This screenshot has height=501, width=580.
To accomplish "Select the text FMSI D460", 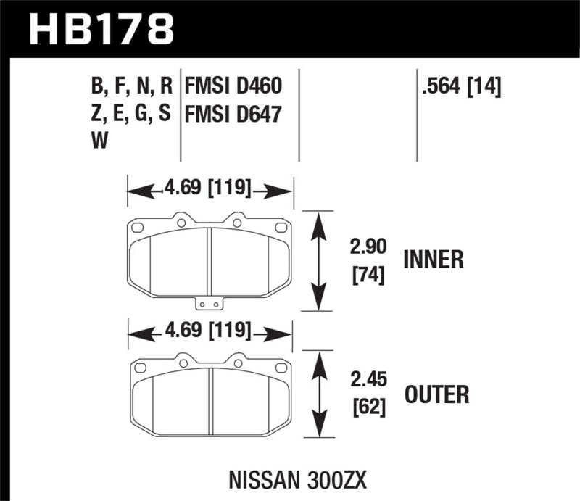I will tap(233, 88).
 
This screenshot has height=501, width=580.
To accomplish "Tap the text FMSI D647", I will tap(233, 115).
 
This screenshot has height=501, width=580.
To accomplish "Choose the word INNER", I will tap(433, 259).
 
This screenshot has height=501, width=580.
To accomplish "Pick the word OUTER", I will tap(436, 394).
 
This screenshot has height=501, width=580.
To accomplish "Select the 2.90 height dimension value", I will tap(360, 247).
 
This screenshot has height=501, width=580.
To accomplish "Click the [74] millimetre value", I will tap(360, 275).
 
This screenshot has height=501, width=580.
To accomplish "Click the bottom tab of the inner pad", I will tap(209, 305).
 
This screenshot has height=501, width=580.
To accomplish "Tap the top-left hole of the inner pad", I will tap(138, 228).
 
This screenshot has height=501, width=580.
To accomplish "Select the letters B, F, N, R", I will tap(130, 88).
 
